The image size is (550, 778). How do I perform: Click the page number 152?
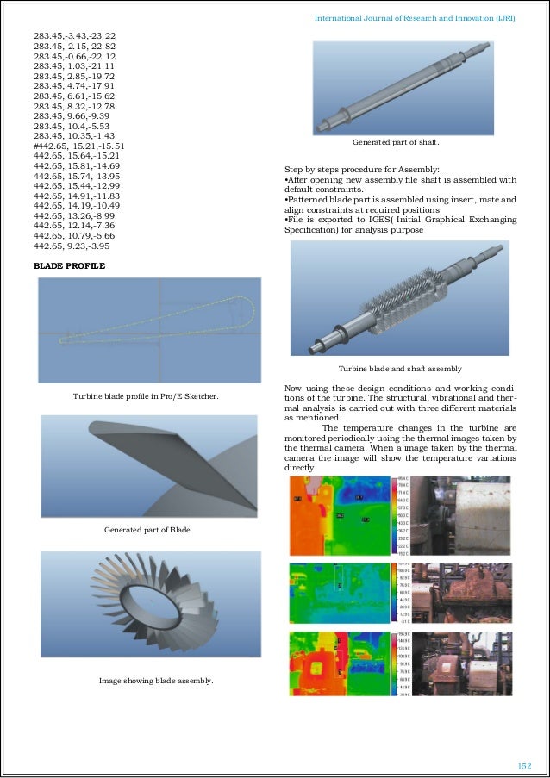pos(523,765)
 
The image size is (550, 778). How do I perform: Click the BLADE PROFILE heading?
pos(69,266)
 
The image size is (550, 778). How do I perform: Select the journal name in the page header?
pos(415,17)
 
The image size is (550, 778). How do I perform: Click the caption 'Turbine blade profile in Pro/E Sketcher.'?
pos(145,396)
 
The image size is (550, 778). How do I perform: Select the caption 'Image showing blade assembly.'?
pos(156,681)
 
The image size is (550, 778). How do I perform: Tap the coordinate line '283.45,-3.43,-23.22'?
pos(74,35)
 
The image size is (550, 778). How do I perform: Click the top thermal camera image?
pos(343,514)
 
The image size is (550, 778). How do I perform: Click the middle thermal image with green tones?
pos(343,592)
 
